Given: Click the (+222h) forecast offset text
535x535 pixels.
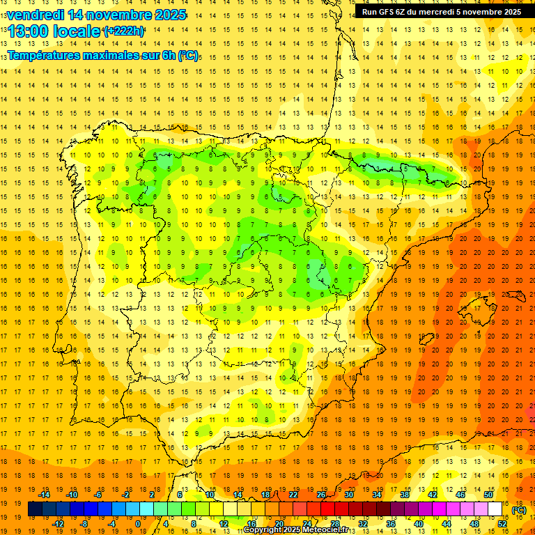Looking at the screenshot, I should (123, 31).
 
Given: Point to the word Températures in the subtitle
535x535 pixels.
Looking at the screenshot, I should (47, 55).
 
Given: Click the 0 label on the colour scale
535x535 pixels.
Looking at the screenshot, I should (138, 524).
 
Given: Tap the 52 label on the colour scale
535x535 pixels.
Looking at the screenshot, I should (502, 524).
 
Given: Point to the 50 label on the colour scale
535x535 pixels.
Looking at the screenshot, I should (488, 495).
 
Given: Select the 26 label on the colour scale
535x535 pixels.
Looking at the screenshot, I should (321, 495).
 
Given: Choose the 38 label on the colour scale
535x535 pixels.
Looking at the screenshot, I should (405, 495).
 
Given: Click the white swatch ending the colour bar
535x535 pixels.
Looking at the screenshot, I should (495, 509).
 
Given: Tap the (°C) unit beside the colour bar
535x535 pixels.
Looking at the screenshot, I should (519, 509).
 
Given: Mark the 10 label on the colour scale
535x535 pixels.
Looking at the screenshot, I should (210, 495).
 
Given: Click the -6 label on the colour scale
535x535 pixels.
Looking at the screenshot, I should (99, 495).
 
